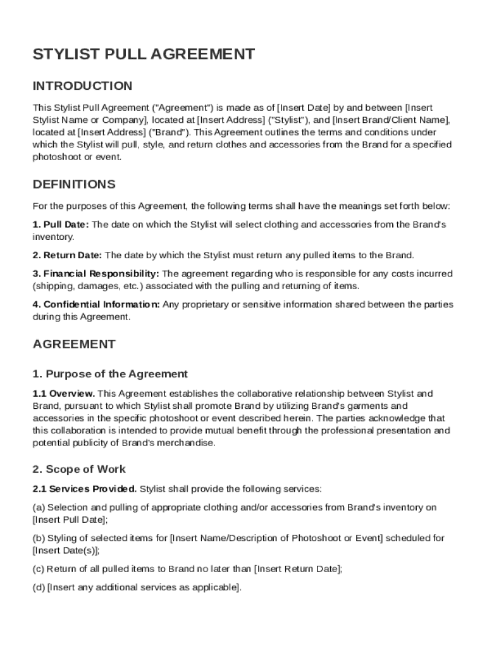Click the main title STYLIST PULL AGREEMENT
click(x=144, y=54)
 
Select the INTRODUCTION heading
click(x=82, y=86)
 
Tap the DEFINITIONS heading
click(x=74, y=185)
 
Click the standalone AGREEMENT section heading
click(x=74, y=344)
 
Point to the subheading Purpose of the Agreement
click(x=110, y=374)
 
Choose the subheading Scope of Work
click(x=79, y=470)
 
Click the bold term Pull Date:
click(x=61, y=225)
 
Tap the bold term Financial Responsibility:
click(x=96, y=274)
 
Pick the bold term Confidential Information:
click(x=97, y=305)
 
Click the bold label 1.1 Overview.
click(x=64, y=394)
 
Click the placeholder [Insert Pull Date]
click(x=70, y=520)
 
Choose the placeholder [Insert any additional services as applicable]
click(x=144, y=588)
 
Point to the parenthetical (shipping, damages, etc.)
click(x=85, y=286)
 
